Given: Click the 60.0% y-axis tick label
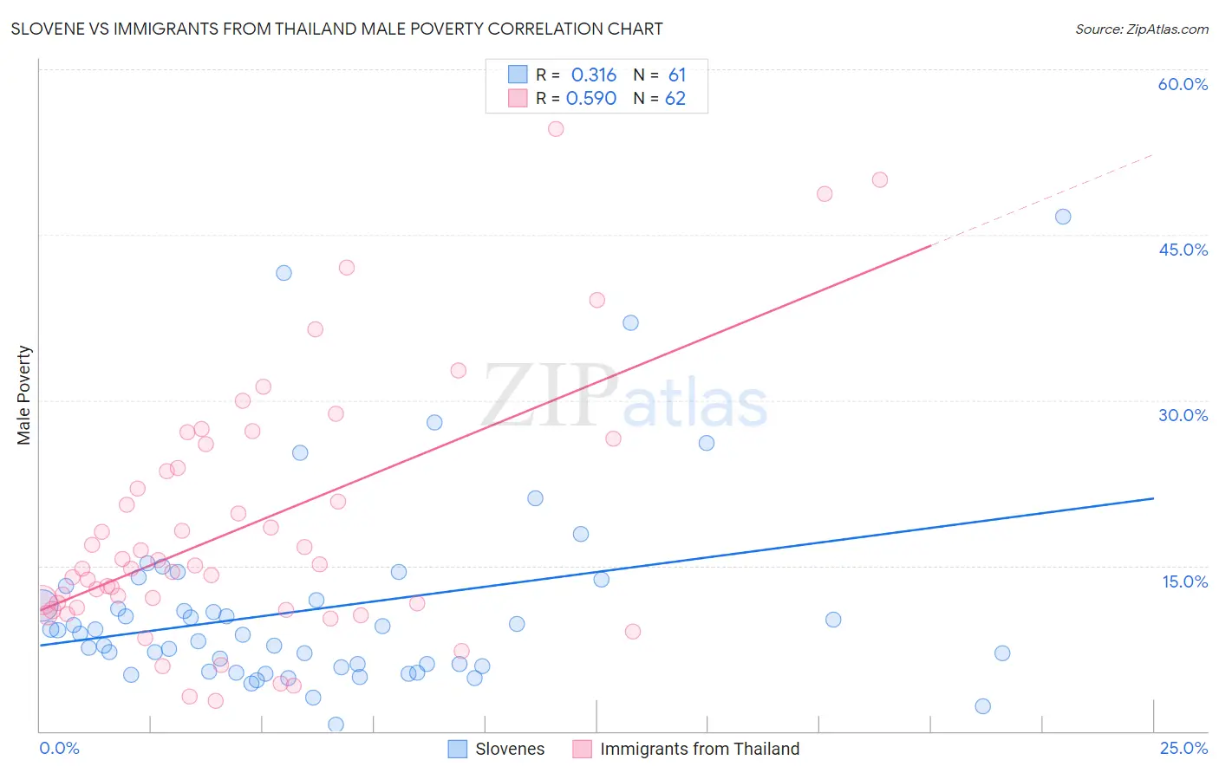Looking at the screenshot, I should pyautogui.click(x=1183, y=84).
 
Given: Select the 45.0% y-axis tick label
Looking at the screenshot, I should pyautogui.click(x=1183, y=250).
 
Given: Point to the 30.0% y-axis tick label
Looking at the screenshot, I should pyautogui.click(x=1183, y=415).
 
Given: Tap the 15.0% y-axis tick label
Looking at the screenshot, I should pyautogui.click(x=1184, y=581).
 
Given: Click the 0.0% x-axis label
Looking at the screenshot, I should pyautogui.click(x=59, y=748).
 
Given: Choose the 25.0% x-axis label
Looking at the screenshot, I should pyautogui.click(x=1183, y=748).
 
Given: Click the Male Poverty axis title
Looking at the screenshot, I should pyautogui.click(x=24, y=395).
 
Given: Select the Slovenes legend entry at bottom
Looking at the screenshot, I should pyautogui.click(x=510, y=749).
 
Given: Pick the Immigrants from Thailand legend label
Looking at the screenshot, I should pyautogui.click(x=699, y=749).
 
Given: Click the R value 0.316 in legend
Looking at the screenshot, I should pyautogui.click(x=593, y=75).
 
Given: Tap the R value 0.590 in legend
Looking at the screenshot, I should pyautogui.click(x=590, y=99).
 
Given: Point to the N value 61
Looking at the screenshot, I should pyautogui.click(x=676, y=75).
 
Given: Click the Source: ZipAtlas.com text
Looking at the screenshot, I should pyautogui.click(x=1141, y=29).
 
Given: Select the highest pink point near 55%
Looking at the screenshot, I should pyautogui.click(x=556, y=129).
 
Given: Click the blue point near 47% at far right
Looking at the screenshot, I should pyautogui.click(x=1063, y=217).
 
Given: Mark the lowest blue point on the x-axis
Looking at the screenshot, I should pyautogui.click(x=336, y=724).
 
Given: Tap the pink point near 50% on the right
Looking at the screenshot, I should pyautogui.click(x=880, y=180).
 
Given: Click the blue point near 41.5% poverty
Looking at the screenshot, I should pyautogui.click(x=284, y=273).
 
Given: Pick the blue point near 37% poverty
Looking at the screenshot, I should pyautogui.click(x=630, y=322).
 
